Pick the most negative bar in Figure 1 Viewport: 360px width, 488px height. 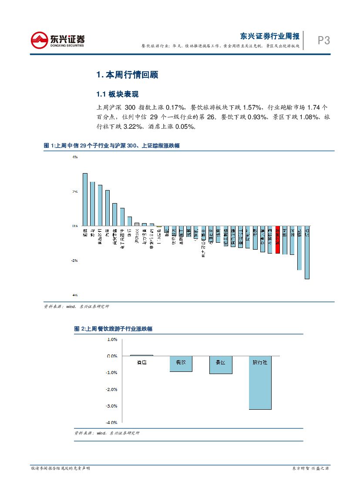(x=307, y=252)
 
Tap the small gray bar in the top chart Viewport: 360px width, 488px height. (x=159, y=226)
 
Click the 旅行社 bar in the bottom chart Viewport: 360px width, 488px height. (x=260, y=383)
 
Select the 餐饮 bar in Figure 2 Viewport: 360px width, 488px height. (x=181, y=364)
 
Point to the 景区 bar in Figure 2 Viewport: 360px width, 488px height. (x=221, y=365)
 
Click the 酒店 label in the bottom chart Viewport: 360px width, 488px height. (x=141, y=362)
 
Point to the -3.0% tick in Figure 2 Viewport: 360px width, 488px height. (x=111, y=406)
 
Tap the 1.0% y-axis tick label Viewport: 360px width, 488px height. (x=112, y=339)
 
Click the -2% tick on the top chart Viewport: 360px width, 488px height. (x=74, y=261)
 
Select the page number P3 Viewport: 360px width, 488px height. (x=323, y=41)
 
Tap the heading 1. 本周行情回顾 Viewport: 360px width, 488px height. (x=127, y=75)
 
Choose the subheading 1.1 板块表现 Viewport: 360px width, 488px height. (x=117, y=94)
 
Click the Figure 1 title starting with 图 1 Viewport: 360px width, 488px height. (x=112, y=146)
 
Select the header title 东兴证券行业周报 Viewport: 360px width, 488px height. (x=270, y=36)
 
